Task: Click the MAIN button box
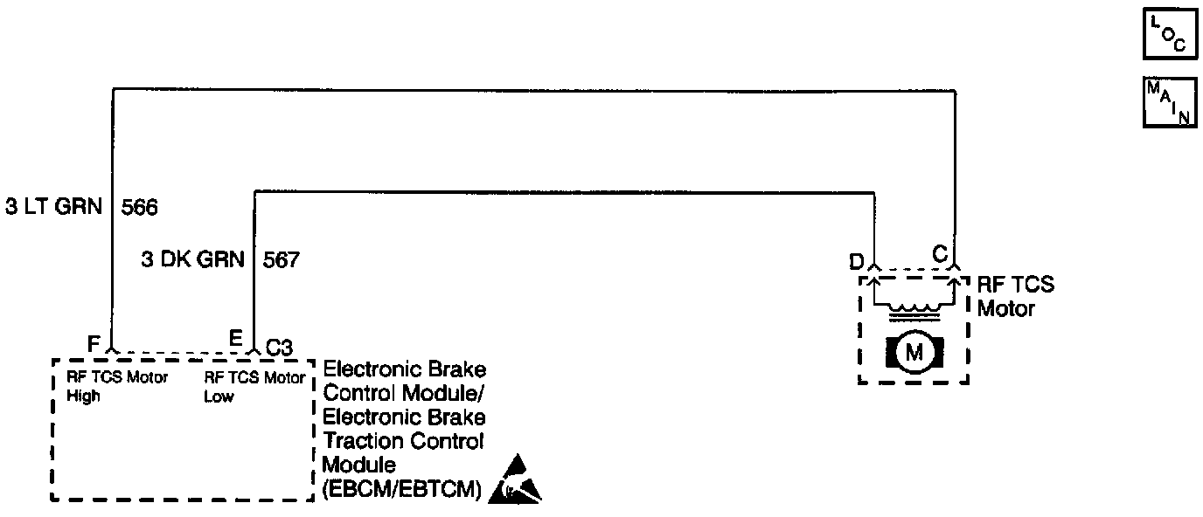coord(1168,102)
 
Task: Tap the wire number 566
coord(140,208)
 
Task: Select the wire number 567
coord(282,260)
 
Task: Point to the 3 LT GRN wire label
coord(53,208)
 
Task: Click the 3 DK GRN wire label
coord(192,260)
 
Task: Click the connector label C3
coord(278,348)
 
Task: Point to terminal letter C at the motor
coord(939,254)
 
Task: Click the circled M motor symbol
coord(914,353)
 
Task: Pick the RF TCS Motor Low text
coord(254,387)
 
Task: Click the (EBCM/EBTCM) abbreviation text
coord(402,490)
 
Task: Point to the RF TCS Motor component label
coord(1016,296)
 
